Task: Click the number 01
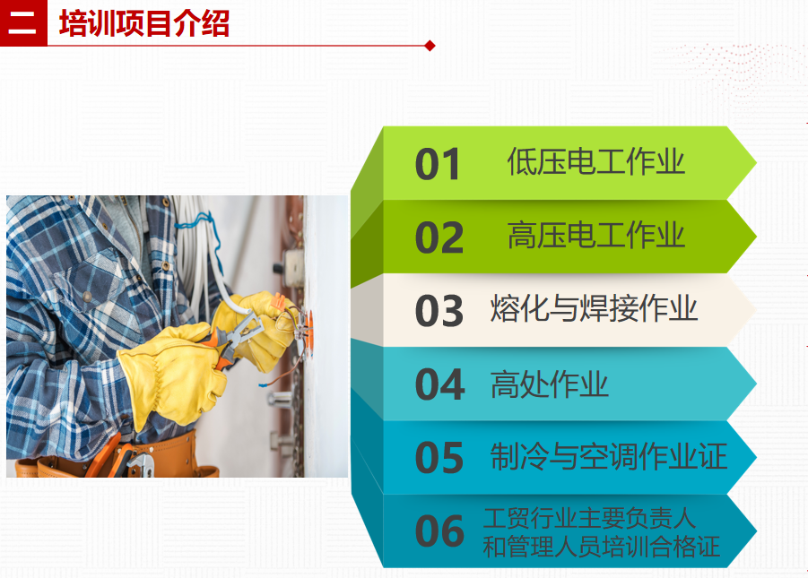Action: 438,165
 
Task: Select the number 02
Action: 439,238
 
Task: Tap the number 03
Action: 439,312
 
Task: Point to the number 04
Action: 439,385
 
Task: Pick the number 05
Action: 439,459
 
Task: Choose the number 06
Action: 439,531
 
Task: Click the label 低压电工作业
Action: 595,162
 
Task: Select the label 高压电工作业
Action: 595,236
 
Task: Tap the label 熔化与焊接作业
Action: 594,309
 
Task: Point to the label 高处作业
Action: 549,384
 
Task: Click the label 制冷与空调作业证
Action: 608,457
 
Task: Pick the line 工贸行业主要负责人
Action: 589,518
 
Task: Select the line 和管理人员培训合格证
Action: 601,547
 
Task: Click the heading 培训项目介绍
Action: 144,23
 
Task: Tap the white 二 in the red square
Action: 22,22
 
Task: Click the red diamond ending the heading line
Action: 430,45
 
